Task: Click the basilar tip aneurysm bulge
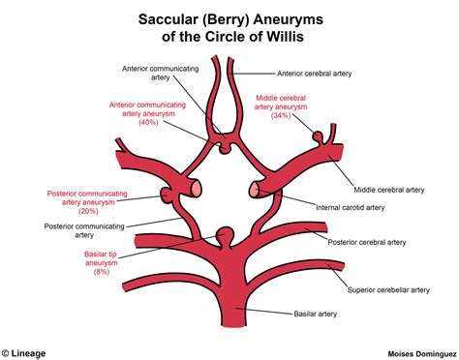(x=226, y=234)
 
